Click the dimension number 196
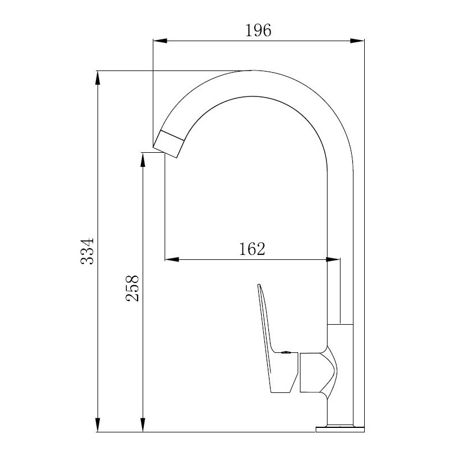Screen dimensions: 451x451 pos(258,30)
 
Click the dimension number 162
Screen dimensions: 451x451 pos(252,249)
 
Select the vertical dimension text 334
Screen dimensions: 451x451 pos(87,251)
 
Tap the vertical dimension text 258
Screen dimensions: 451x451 pos(132,288)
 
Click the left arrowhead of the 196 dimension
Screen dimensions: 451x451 pos(160,41)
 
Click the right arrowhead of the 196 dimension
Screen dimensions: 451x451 pos(357,41)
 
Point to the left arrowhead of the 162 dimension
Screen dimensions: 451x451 pos(172,259)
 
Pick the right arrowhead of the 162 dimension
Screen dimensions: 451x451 pos(333,259)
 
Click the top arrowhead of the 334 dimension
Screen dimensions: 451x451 pos(98,78)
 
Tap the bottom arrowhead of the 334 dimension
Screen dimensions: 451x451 pos(98,425)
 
